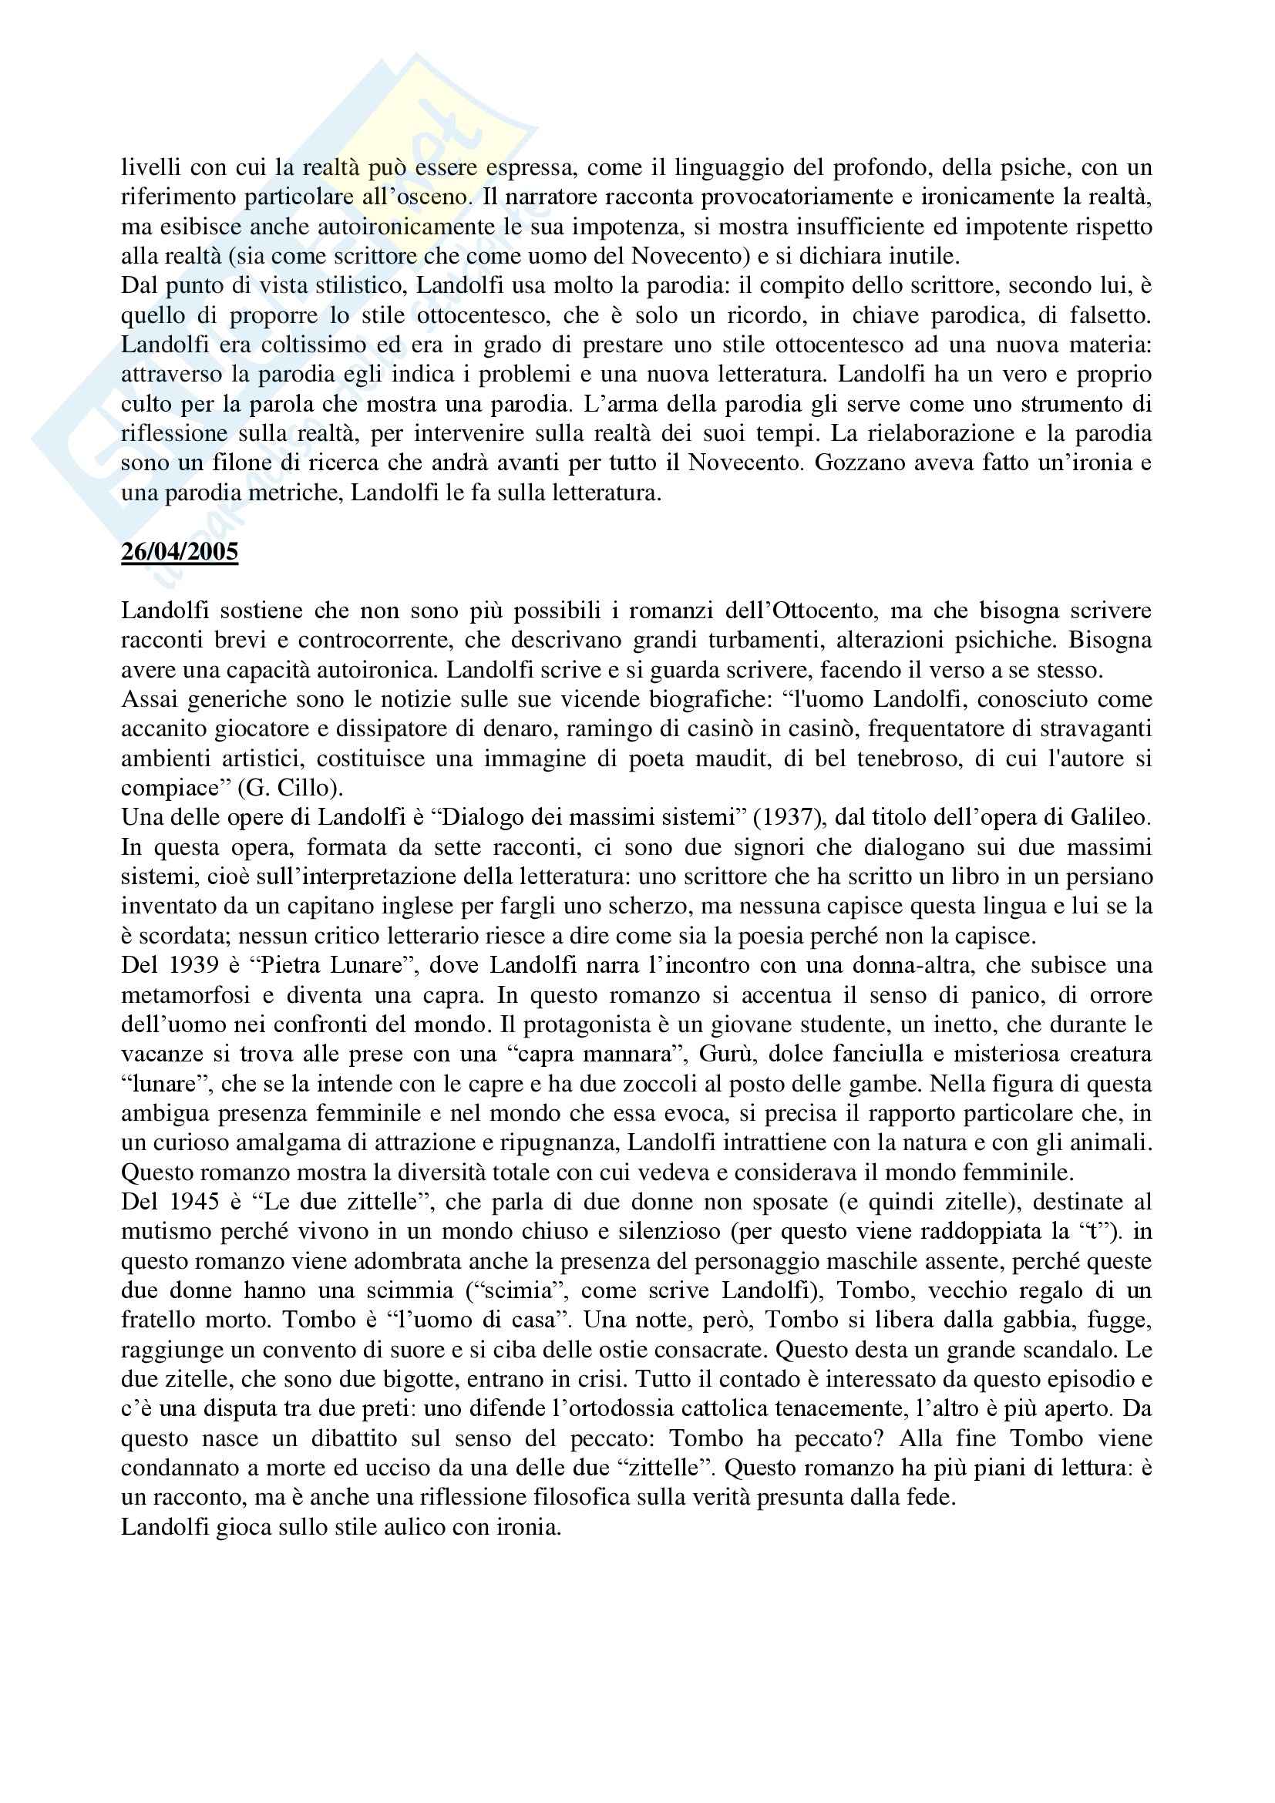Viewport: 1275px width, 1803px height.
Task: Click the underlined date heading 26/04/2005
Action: pos(179,552)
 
